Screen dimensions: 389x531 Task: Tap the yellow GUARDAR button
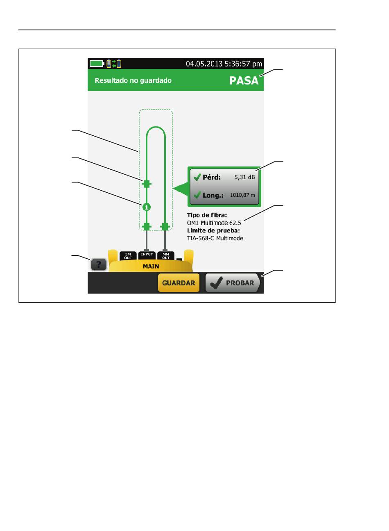click(x=179, y=283)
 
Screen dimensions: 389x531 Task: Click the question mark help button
click(x=99, y=264)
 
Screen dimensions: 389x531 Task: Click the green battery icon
click(x=97, y=64)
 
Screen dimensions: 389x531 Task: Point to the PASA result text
click(x=244, y=81)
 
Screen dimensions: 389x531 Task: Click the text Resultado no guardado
click(x=133, y=80)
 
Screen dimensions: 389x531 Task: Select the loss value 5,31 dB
click(x=244, y=177)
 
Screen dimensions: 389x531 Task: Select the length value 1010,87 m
click(x=242, y=195)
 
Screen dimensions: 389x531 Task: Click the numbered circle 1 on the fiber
click(x=147, y=207)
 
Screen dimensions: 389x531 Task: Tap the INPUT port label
click(x=147, y=254)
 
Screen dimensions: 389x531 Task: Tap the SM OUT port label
click(x=128, y=256)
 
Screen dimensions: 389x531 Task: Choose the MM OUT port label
click(x=166, y=256)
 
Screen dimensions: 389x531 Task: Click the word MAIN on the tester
click(x=151, y=267)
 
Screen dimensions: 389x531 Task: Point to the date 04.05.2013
click(x=204, y=64)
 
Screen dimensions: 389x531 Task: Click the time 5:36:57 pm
click(x=243, y=64)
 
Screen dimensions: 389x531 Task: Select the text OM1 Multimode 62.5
click(x=214, y=223)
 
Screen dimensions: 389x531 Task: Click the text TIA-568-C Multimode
click(x=215, y=238)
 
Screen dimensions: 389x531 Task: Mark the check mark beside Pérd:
click(x=197, y=177)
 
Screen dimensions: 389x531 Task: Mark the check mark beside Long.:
click(x=197, y=195)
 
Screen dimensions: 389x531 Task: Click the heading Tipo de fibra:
click(x=207, y=215)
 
